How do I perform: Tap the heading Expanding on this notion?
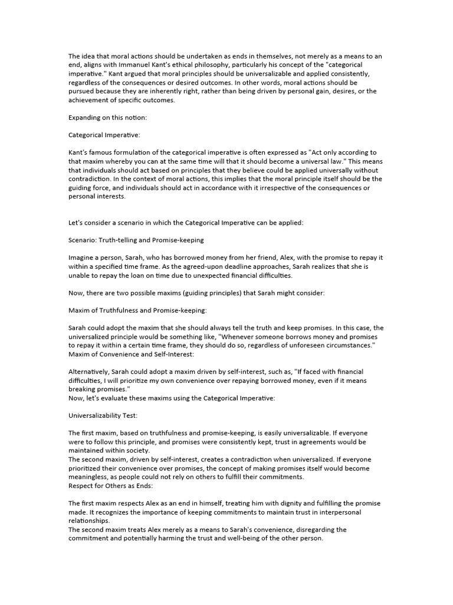108,117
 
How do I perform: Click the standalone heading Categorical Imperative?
104,135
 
